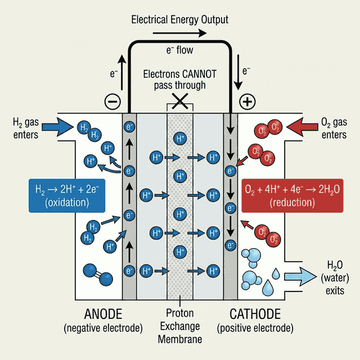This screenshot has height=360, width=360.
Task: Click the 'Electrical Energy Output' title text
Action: click(x=179, y=20)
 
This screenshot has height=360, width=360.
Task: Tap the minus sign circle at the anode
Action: click(x=112, y=102)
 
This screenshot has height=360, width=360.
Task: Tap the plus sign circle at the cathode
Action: click(x=247, y=102)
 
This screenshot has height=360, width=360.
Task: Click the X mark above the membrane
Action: click(x=180, y=101)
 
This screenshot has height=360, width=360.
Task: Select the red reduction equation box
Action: click(x=291, y=196)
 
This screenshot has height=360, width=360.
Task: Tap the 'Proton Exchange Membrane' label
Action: click(x=180, y=326)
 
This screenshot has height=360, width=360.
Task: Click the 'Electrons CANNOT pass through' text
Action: click(x=179, y=80)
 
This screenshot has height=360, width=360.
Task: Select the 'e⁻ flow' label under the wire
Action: click(x=179, y=51)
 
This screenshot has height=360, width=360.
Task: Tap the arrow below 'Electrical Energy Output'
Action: click(x=179, y=33)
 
